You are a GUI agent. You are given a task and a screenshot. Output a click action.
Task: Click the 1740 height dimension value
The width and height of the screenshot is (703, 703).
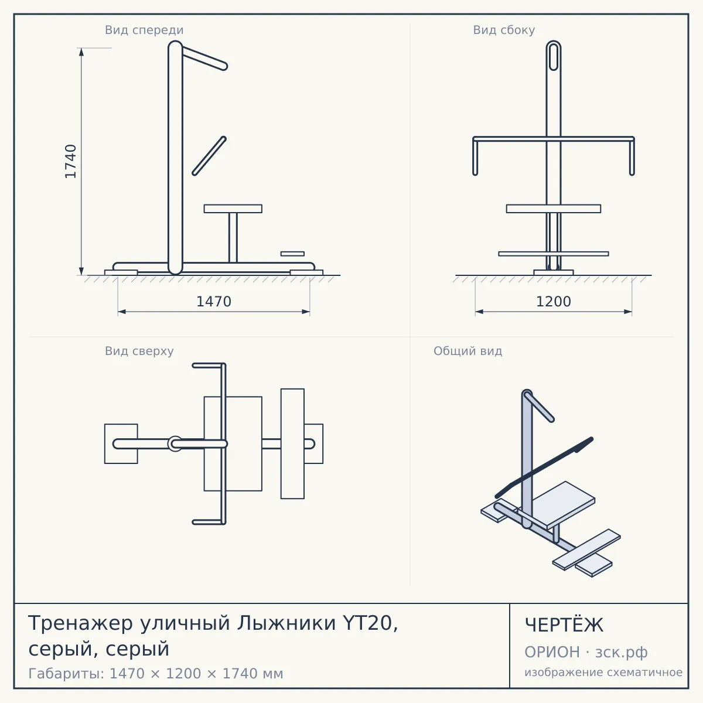[70, 161]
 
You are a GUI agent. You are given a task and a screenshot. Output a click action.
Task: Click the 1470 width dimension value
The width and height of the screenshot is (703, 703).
[214, 302]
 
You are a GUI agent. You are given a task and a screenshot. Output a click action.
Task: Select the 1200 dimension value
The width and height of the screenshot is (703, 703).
[554, 302]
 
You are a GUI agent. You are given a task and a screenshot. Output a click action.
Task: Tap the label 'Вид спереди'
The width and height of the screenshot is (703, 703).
[144, 30]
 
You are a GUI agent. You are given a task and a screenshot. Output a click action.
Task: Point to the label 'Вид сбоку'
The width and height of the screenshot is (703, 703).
[504, 30]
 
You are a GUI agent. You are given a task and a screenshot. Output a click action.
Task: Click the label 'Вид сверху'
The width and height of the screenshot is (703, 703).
[139, 351]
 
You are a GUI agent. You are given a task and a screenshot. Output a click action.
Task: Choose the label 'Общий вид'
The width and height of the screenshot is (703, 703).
[467, 351]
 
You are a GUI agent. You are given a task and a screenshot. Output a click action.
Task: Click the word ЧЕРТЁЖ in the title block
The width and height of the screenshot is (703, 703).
[564, 625]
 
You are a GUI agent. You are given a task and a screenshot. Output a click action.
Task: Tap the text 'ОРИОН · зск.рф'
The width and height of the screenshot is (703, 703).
[586, 652]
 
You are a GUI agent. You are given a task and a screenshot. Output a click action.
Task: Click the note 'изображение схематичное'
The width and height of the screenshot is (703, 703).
[603, 672]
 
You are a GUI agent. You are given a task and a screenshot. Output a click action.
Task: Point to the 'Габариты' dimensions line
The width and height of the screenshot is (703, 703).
[156, 674]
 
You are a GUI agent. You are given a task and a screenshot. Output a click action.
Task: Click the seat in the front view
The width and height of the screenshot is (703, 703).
[233, 209]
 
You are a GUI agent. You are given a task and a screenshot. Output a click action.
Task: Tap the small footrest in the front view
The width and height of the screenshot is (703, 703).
[292, 254]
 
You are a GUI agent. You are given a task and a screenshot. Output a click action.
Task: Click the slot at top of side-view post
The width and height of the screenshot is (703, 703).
[554, 57]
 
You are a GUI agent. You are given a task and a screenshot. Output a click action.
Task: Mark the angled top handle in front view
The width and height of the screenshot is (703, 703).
[204, 57]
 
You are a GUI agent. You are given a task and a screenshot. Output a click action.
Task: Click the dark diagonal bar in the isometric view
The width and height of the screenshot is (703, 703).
[544, 467]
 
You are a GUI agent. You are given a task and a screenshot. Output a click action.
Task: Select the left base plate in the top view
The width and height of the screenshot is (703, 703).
[121, 443]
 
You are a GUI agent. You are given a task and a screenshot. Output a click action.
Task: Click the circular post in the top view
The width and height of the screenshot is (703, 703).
[175, 443]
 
